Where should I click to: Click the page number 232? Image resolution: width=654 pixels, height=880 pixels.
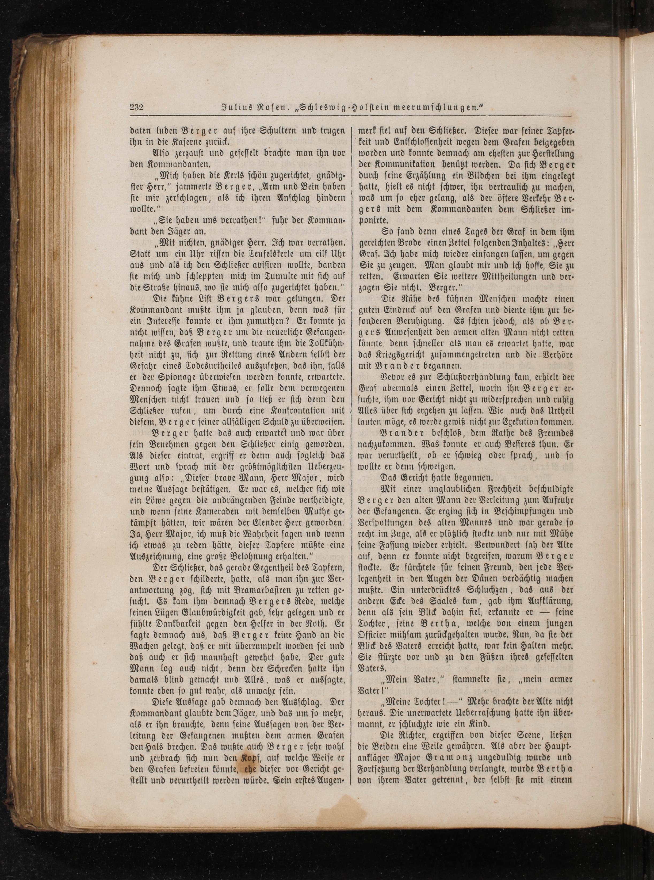tap(136, 107)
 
